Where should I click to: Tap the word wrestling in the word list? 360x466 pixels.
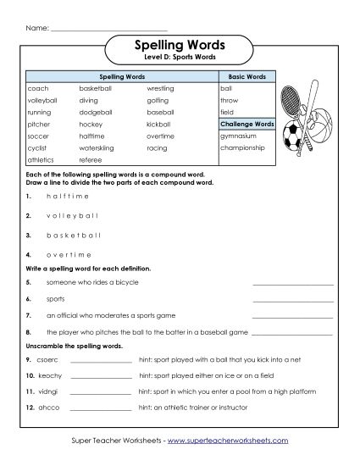[x=160, y=87]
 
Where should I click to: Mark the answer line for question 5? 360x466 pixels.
[x=292, y=284]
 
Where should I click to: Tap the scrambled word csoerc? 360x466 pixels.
[x=38, y=360]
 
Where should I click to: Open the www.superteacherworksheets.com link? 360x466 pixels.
[x=227, y=441]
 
